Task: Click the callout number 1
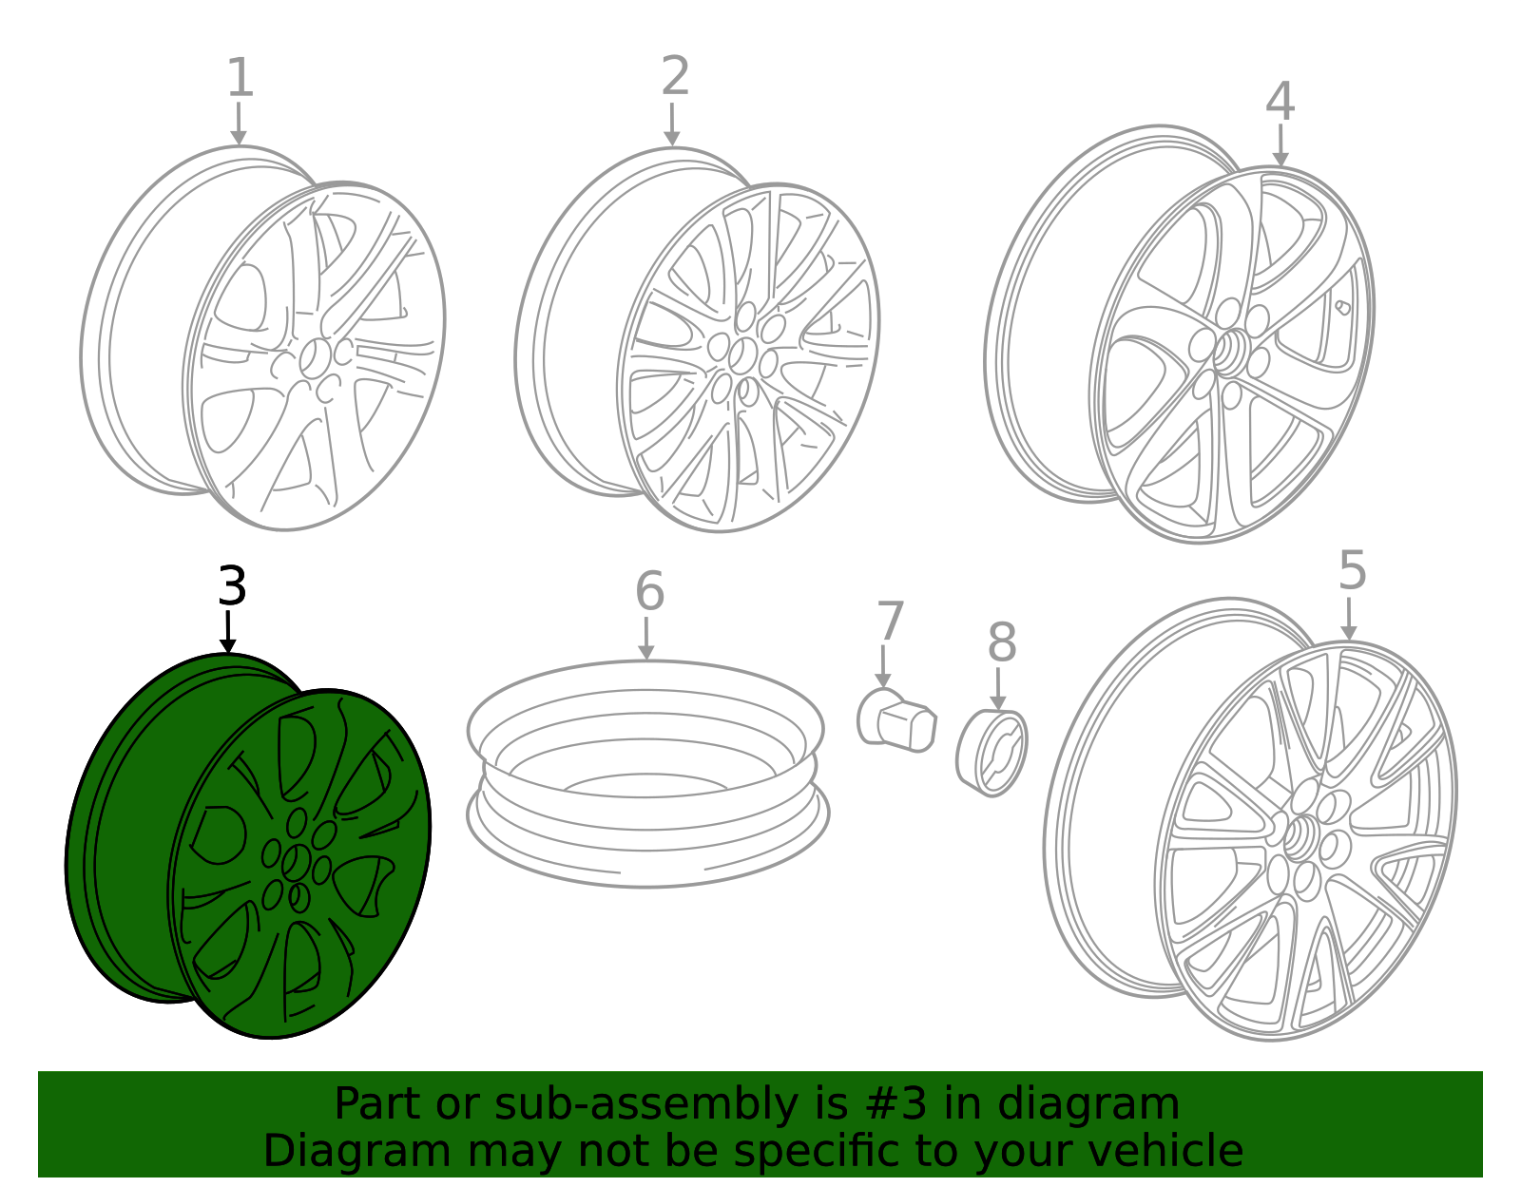coord(241,78)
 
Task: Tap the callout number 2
coord(676,75)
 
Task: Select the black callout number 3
coord(232,585)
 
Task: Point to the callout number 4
coord(1280,102)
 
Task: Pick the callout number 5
coord(1353,571)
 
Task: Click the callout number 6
coord(649,591)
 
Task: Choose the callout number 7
coord(891,621)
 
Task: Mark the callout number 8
coord(1002,642)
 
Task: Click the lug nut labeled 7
coord(896,721)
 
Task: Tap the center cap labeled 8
coord(992,753)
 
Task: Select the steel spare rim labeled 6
coord(647,775)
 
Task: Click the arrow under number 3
coord(227,632)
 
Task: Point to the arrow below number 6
coord(646,638)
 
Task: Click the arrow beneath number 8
coord(998,689)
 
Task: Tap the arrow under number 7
coord(883,666)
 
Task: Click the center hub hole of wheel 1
coord(315,358)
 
